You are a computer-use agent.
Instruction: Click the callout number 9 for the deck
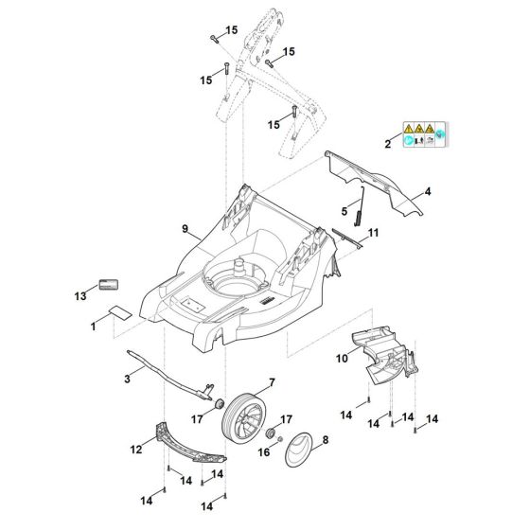click(185, 228)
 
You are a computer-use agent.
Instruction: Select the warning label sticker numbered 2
click(419, 133)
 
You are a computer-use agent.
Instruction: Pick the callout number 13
click(80, 295)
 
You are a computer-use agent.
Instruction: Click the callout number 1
click(93, 326)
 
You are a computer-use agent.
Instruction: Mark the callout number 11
click(373, 232)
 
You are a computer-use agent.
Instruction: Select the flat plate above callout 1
click(120, 309)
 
